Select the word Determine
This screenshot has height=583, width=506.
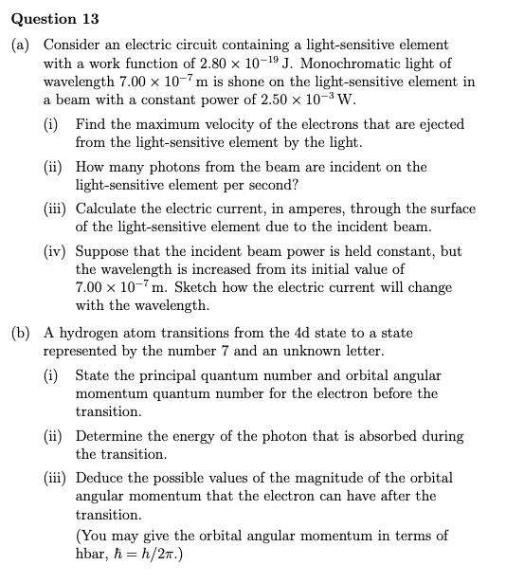pyautogui.click(x=106, y=436)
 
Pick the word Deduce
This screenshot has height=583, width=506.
pyautogui.click(x=99, y=478)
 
